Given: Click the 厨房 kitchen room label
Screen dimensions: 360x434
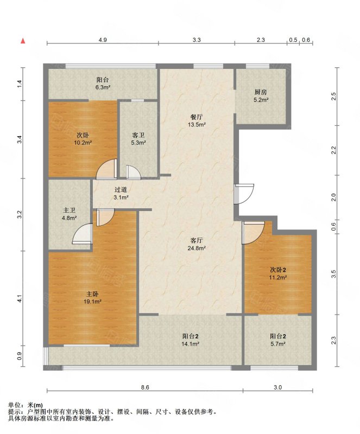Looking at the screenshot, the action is click(261, 92).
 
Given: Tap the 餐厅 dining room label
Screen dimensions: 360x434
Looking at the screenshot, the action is click(197, 117).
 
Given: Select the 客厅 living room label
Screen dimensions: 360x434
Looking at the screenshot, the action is click(197, 240).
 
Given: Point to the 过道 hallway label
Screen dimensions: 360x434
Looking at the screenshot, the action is click(121, 189).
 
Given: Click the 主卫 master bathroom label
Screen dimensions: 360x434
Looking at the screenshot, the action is click(69, 210).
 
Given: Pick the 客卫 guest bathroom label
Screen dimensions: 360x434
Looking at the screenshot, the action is click(138, 135).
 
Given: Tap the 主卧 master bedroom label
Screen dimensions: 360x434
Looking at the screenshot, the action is click(92, 294).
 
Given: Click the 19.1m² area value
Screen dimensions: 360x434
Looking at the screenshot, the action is click(92, 302).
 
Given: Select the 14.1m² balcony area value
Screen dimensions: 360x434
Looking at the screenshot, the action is click(191, 344).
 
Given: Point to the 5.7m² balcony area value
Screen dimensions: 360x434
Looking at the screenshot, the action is click(278, 344).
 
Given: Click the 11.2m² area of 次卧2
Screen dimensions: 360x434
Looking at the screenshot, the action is click(278, 277).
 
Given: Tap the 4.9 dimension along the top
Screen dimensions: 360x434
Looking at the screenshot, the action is click(103, 40).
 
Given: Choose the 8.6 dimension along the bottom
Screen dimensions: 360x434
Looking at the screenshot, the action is click(145, 387).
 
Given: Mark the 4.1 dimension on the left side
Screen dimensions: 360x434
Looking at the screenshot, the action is click(20, 299).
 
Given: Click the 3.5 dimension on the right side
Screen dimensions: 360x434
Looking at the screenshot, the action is click(334, 274).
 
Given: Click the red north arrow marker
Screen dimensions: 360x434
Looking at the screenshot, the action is click(23, 41).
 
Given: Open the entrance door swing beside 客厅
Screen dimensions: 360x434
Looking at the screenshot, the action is click(244, 194).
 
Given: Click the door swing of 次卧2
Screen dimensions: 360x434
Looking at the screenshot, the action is click(253, 233).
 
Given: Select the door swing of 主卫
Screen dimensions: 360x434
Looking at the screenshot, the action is click(82, 234).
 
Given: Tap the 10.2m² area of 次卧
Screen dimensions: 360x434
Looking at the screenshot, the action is click(83, 143).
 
